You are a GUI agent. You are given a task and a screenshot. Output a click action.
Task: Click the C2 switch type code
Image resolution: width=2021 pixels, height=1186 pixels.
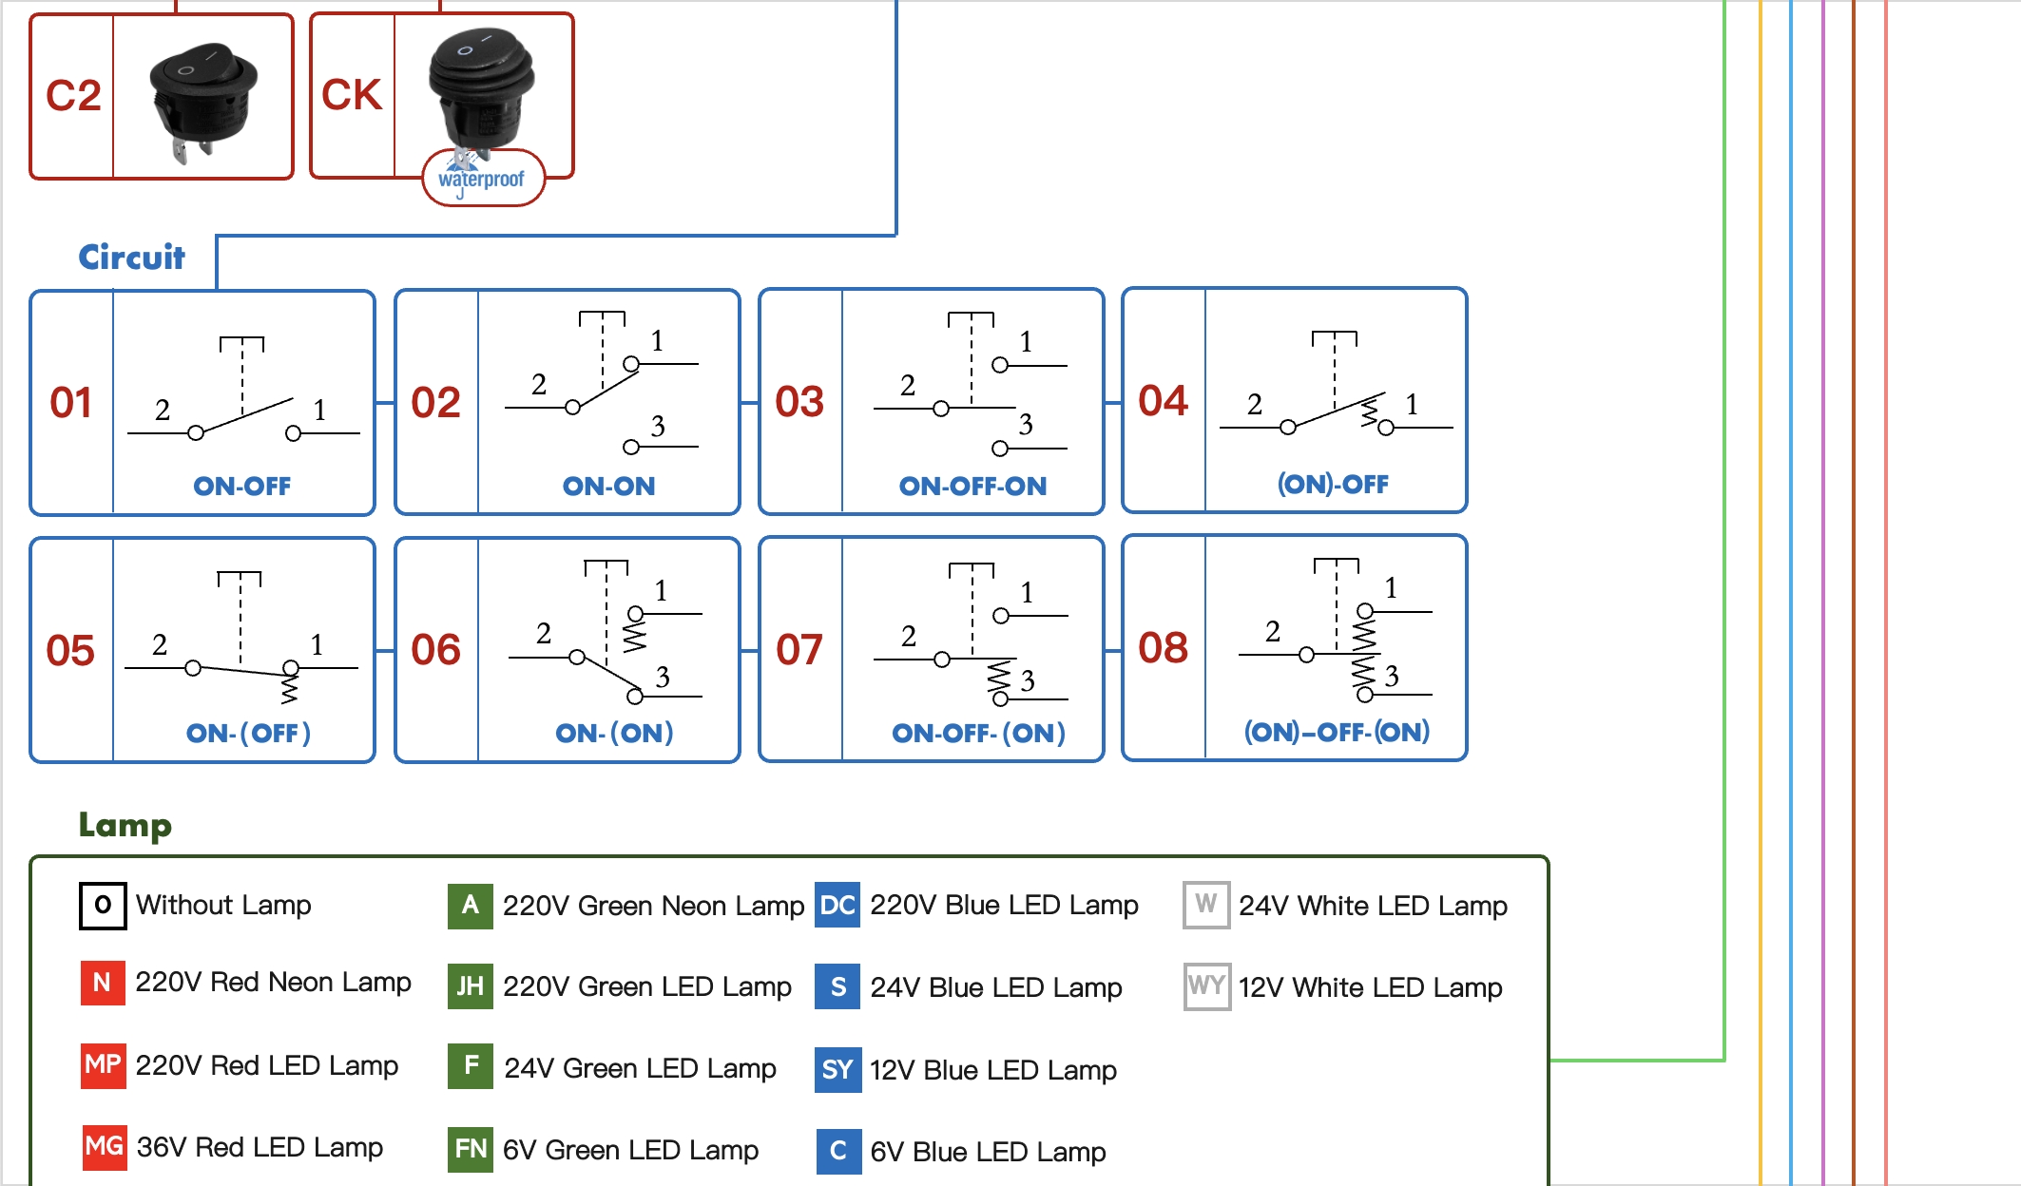[73, 95]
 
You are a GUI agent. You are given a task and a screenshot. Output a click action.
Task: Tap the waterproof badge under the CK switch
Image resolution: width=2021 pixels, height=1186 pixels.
[482, 179]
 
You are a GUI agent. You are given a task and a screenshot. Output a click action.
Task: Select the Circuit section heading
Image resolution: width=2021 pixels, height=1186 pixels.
[131, 257]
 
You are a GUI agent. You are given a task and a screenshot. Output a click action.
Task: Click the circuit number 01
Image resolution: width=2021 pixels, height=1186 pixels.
[71, 403]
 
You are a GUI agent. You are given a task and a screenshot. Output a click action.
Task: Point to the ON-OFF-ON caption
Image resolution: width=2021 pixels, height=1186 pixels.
[972, 486]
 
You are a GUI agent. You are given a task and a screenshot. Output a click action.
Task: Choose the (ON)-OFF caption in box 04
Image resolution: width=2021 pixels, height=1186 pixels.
[1333, 484]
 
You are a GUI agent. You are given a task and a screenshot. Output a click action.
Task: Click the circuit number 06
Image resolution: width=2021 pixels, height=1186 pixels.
[435, 650]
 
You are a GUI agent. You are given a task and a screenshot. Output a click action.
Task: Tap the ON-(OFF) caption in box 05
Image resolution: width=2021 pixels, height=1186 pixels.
[248, 733]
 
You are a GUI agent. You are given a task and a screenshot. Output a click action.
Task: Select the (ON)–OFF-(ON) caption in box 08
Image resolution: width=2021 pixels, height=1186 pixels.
[1337, 731]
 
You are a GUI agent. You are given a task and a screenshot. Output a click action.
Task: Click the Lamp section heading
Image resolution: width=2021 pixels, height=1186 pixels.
[125, 824]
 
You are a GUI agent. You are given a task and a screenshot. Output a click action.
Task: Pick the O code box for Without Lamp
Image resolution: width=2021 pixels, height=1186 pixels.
[103, 905]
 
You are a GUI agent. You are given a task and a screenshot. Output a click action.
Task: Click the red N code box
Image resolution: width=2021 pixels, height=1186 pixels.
[103, 983]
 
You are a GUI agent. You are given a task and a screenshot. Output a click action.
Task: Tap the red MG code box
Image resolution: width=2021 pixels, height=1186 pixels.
[104, 1146]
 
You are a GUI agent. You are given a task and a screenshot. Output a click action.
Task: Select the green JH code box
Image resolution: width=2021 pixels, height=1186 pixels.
[470, 986]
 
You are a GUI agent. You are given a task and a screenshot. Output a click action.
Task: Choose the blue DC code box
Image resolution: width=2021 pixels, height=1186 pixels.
[837, 905]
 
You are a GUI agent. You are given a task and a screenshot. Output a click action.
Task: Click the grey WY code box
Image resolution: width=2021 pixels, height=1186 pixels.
[1206, 986]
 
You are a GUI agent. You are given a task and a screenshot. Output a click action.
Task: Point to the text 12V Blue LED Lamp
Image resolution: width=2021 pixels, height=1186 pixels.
[992, 1070]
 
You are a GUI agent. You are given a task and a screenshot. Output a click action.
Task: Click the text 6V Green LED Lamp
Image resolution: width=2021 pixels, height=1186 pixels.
[630, 1150]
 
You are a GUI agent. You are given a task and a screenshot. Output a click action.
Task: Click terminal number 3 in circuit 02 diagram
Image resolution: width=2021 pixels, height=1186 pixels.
[658, 426]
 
